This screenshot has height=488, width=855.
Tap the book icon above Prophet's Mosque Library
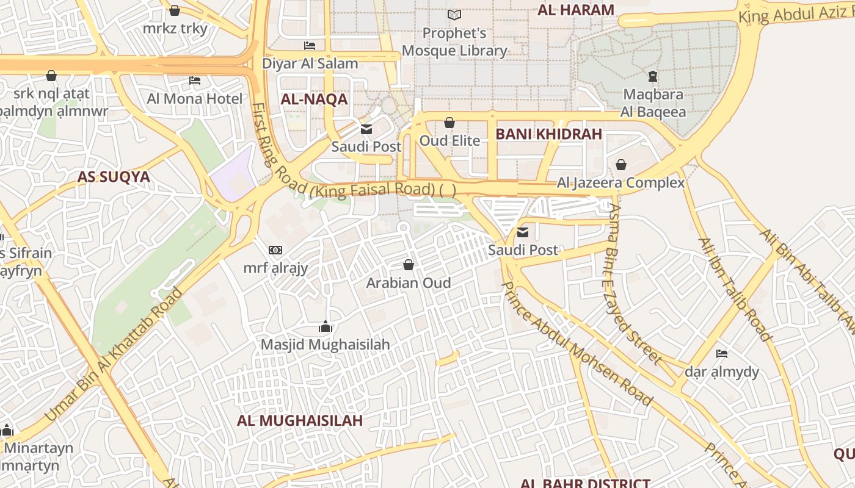tap(454, 15)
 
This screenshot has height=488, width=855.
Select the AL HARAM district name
tap(575, 10)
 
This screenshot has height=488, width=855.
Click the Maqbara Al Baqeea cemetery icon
tap(653, 77)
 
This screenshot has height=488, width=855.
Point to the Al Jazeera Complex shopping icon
tap(621, 165)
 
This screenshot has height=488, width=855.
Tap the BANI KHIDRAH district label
tap(548, 134)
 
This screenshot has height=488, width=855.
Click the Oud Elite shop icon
tap(449, 123)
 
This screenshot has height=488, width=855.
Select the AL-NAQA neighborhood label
tap(314, 99)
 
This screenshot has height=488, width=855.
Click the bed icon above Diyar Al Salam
tap(310, 46)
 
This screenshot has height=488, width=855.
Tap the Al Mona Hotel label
tap(195, 98)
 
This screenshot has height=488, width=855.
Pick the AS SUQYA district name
tap(114, 177)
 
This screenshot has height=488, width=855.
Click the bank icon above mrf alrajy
tap(275, 250)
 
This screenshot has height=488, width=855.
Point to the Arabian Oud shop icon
tap(409, 265)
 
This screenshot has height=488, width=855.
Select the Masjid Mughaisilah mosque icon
tap(325, 327)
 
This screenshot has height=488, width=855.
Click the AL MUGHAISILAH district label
tap(300, 420)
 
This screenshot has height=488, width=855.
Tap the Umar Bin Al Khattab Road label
tap(114, 354)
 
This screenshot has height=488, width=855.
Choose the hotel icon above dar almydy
tap(722, 354)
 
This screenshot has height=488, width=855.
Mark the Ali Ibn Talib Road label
tap(735, 290)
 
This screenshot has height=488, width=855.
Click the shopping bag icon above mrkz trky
tap(175, 11)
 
